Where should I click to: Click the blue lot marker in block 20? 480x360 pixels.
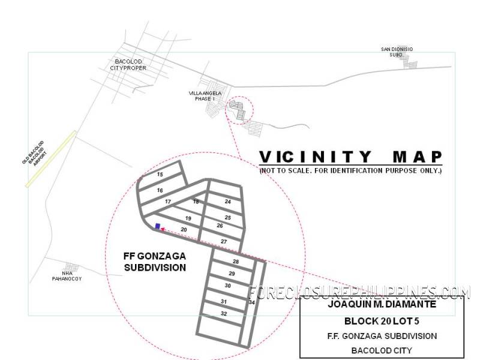[x=158, y=226]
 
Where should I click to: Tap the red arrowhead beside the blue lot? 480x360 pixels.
[x=163, y=229]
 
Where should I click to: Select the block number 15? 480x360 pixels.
[x=160, y=175]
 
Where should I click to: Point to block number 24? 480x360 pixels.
[x=228, y=202]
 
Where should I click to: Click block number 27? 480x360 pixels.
[x=224, y=242]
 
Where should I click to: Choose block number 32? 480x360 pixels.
[x=224, y=313]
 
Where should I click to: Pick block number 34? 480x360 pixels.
[x=251, y=302]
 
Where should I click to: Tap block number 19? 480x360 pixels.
[x=188, y=218]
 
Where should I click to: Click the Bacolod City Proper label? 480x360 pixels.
[x=128, y=65]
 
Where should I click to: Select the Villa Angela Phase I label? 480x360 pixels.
[x=205, y=96]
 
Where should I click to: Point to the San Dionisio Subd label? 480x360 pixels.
[x=397, y=52]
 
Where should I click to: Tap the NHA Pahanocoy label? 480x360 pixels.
[x=67, y=276]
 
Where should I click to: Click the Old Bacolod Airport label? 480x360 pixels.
[x=34, y=153]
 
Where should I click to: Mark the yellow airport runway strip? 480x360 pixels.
[x=51, y=159]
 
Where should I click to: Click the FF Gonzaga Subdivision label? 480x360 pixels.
[x=155, y=262]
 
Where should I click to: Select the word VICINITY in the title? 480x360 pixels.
[x=316, y=157]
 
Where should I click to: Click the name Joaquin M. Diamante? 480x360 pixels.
[x=382, y=304]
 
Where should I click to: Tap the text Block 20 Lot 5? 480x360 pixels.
[x=382, y=321]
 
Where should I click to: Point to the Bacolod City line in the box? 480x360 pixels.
[x=382, y=350]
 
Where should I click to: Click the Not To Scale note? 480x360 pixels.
[x=351, y=170]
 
